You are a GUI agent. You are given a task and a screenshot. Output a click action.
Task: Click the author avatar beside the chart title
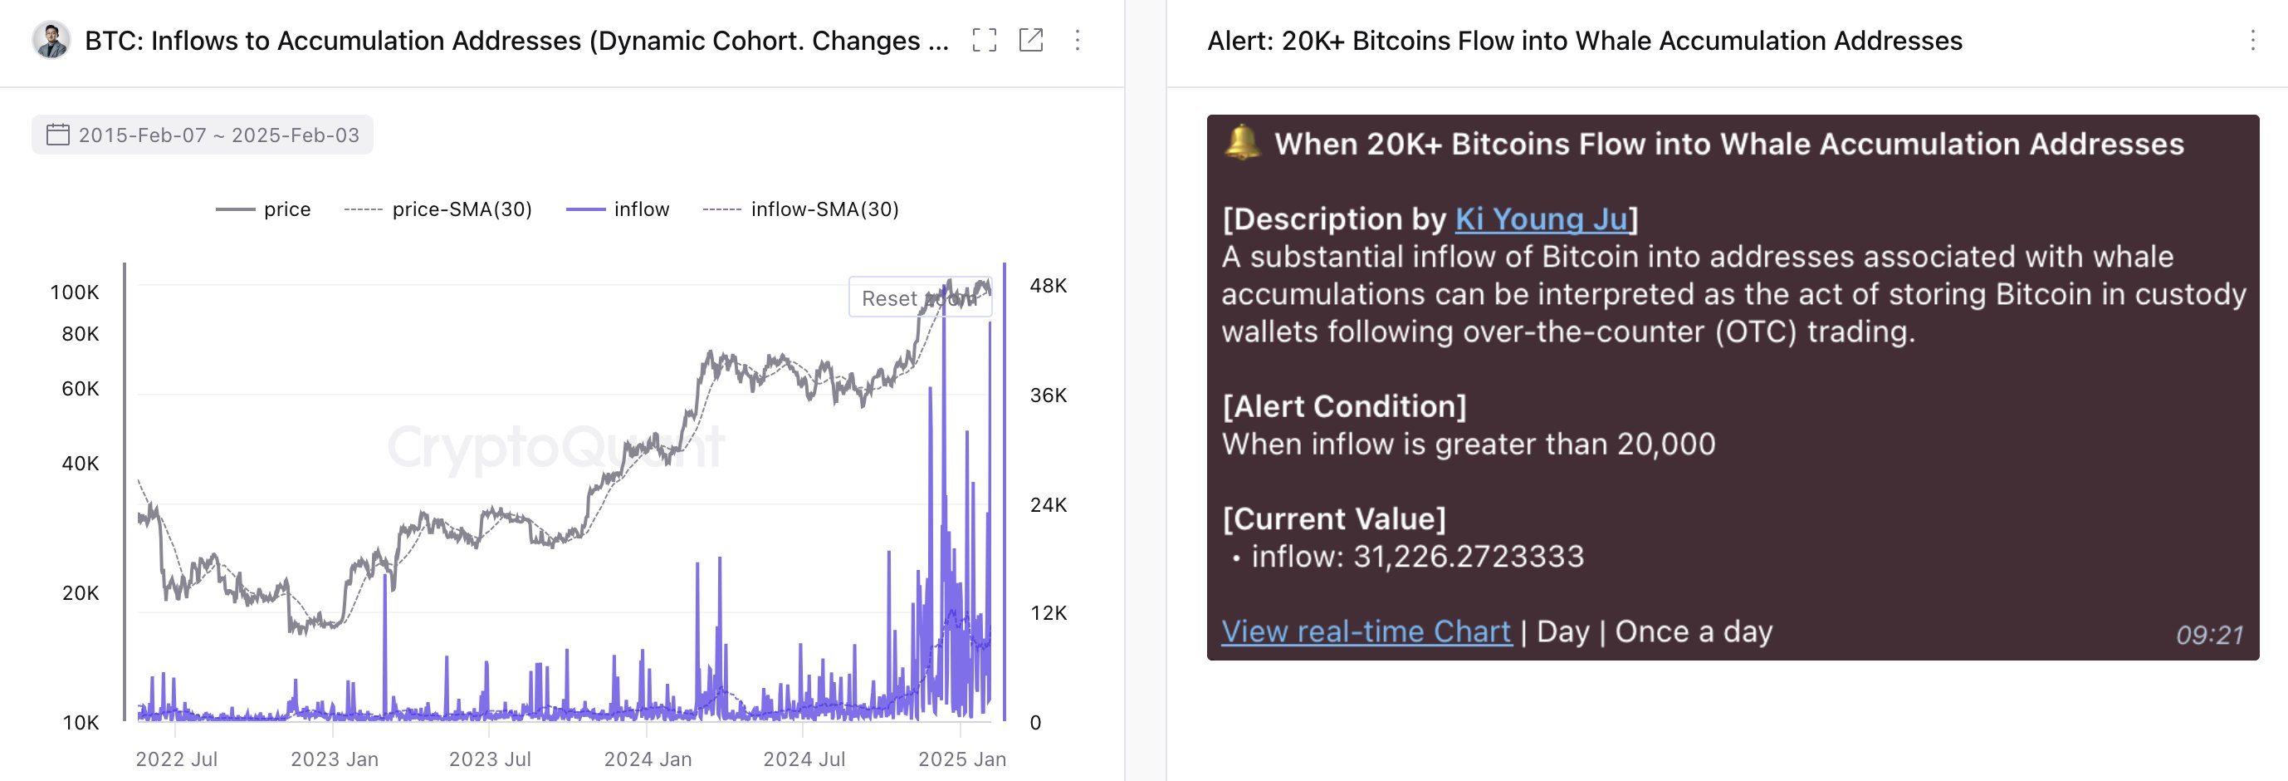51,40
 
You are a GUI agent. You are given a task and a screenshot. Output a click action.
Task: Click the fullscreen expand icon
984,40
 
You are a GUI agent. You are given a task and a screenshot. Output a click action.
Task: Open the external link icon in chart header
1030,40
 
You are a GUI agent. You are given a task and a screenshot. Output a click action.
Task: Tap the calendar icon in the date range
58,135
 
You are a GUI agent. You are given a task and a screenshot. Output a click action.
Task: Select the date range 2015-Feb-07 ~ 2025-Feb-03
218,135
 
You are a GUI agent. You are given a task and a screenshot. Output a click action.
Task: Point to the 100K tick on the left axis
75,292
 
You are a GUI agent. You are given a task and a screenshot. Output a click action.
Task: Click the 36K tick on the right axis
1048,395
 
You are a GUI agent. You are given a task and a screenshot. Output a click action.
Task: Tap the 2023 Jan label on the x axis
334,759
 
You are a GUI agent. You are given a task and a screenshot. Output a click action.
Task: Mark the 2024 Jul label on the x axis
804,759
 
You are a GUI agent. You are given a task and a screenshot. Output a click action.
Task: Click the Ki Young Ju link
1541,219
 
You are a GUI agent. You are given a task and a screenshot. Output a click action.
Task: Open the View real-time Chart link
1365,631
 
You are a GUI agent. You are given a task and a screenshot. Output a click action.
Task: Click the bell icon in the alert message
1242,142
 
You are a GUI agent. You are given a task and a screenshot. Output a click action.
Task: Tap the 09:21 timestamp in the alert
2209,635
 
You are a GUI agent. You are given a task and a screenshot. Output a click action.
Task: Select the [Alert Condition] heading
1344,406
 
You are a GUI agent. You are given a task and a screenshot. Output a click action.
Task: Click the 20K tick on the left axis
80,592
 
